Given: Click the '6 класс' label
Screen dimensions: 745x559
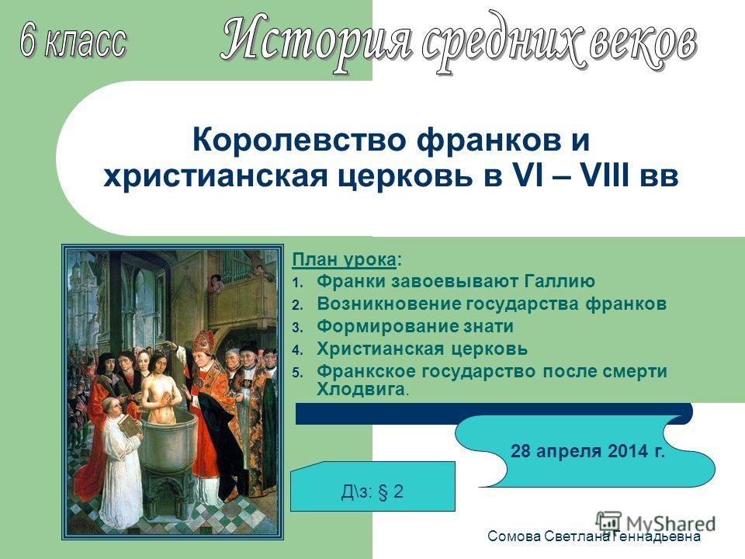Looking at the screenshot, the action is pos(74,41).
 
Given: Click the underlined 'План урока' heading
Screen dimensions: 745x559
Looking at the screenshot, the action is pos(344,260).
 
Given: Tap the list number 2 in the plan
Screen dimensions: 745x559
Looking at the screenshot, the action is pos(297,305).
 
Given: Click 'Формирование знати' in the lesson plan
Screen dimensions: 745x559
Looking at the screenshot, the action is pos(414,326).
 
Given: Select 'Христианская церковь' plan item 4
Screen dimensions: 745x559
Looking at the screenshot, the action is pos(422,349).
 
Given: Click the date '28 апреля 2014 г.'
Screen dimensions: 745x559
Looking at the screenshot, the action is pos(587,450).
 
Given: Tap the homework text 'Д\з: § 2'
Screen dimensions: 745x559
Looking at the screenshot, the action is pos(372,491).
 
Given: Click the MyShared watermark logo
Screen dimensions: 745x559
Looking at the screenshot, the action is pos(656,523).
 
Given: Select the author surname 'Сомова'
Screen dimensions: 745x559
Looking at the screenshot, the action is pos(514,536).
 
